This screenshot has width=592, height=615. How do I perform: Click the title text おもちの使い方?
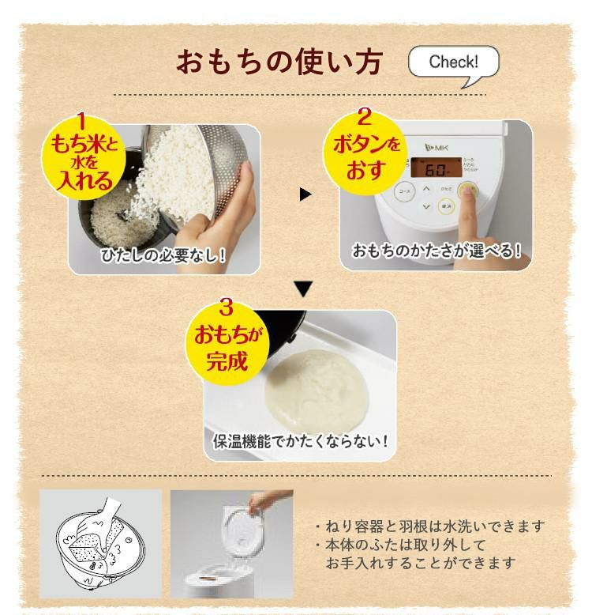[x=279, y=62]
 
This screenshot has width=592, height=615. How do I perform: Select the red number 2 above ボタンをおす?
[x=364, y=119]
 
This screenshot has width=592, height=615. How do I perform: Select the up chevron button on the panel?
[x=426, y=189]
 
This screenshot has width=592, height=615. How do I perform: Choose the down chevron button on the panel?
[x=426, y=207]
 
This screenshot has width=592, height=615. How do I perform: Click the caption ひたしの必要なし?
[x=164, y=255]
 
